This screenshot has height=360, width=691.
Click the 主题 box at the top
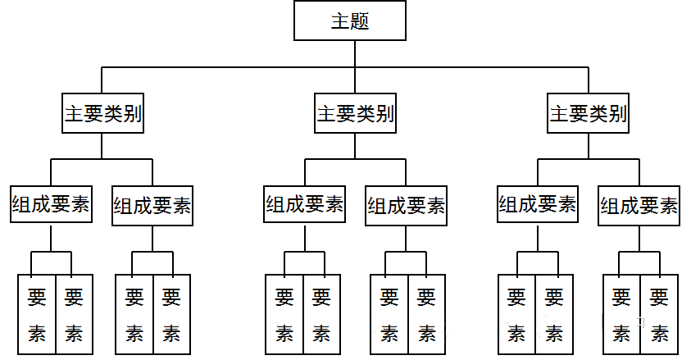click(350, 21)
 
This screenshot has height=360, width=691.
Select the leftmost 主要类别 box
click(102, 114)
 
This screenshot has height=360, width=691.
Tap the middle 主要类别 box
click(355, 114)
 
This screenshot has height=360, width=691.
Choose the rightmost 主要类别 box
click(589, 114)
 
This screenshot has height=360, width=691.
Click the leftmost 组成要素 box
click(51, 205)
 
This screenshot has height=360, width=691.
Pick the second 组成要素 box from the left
click(152, 206)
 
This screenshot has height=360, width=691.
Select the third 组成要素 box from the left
click(304, 205)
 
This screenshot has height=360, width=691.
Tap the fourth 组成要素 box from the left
click(406, 206)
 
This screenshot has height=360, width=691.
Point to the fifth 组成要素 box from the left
click(538, 205)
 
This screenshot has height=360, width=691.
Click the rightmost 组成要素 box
click(639, 206)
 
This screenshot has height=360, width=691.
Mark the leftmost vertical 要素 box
click(37, 314)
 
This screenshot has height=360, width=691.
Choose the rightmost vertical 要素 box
click(659, 314)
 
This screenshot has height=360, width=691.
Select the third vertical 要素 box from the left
click(134, 314)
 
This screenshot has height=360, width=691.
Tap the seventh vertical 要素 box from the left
click(389, 314)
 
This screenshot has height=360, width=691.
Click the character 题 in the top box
click(360, 21)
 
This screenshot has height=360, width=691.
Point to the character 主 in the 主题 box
click(340, 21)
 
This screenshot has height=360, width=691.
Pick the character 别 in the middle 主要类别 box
click(384, 114)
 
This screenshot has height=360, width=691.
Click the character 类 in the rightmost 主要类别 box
click(598, 114)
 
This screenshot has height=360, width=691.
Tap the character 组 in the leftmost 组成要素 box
click(22, 205)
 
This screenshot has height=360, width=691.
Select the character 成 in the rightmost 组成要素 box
click(630, 206)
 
